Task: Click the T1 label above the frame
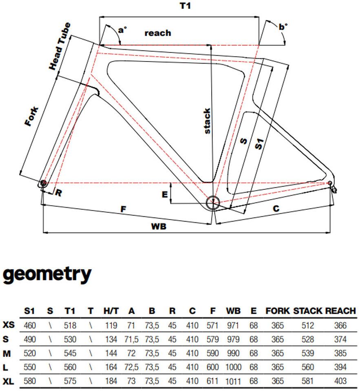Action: [x=185, y=5]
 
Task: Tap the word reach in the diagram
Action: [x=158, y=33]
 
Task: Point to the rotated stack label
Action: [x=207, y=121]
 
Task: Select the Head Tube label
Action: [x=60, y=46]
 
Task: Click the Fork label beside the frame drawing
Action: [x=32, y=116]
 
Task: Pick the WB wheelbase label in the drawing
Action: [x=159, y=226]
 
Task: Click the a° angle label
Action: [x=122, y=30]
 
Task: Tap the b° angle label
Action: [x=283, y=27]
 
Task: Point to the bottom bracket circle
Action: [x=213, y=202]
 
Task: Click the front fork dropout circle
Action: [x=44, y=183]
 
